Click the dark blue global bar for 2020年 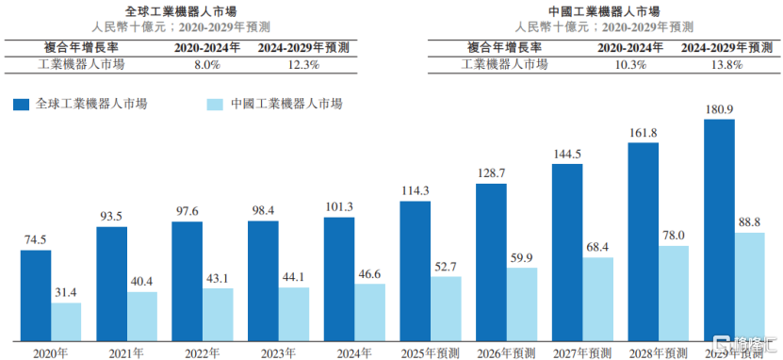(x=36, y=295)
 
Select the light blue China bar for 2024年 (x=369, y=312)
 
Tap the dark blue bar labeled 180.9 (x=719, y=230)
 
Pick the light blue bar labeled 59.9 (x=521, y=303)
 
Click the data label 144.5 (x=567, y=153)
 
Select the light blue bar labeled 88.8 (x=749, y=286)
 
